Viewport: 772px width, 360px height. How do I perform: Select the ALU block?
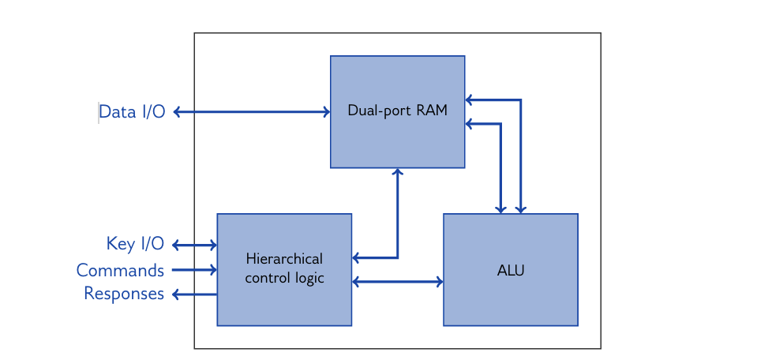pos(510,296)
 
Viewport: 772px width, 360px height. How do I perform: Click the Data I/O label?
pos(132,112)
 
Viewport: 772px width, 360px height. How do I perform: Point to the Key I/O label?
pos(135,244)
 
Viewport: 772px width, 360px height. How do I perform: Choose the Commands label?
pos(120,271)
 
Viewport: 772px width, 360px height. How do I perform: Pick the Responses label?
pos(124,294)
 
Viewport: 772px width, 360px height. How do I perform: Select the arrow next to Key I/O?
pos(194,245)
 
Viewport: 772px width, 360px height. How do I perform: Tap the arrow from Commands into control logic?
pos(194,270)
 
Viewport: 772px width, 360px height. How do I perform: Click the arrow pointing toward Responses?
pos(194,294)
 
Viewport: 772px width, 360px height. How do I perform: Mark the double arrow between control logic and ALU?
pos(397,281)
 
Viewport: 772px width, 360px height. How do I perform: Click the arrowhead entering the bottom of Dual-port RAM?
pos(398,171)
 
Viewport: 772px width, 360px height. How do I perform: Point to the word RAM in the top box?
pos(432,111)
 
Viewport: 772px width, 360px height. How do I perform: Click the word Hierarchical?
pos(284,259)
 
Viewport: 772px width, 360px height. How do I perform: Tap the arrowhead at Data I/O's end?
pos(177,112)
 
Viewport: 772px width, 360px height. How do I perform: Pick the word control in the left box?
pos(267,278)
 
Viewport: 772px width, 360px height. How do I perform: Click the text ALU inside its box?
pos(510,271)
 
